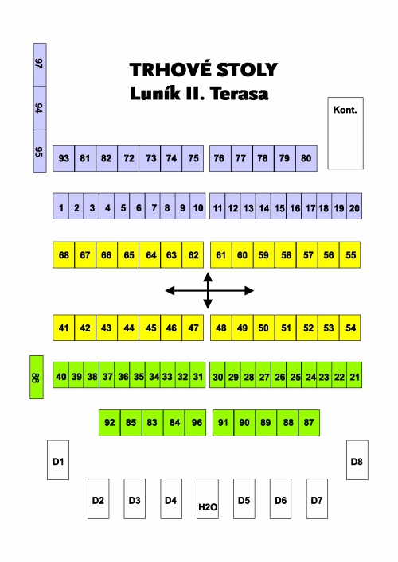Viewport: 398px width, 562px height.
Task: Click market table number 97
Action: pos(40,65)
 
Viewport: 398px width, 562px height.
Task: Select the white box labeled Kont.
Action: pos(345,133)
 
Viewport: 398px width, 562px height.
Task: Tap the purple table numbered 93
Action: pos(64,158)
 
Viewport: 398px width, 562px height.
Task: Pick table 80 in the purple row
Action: pos(306,158)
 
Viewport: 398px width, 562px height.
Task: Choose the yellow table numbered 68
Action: pos(64,255)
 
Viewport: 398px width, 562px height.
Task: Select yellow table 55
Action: pos(350,255)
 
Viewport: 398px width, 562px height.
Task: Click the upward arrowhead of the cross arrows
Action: pos(208,277)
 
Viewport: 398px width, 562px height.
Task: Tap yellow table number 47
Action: pos(193,328)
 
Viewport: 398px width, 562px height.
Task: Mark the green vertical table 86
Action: pos(37,377)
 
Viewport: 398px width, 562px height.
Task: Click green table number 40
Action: pos(60,375)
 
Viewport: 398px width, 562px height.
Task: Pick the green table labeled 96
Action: pos(196,423)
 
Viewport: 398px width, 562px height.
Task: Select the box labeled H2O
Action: pos(208,498)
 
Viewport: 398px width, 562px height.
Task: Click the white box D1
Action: pos(58,459)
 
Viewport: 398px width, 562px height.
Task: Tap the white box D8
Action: pos(357,459)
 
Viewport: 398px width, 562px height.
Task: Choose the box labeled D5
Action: pos(244,498)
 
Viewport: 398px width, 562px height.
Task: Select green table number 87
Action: pos(309,423)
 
